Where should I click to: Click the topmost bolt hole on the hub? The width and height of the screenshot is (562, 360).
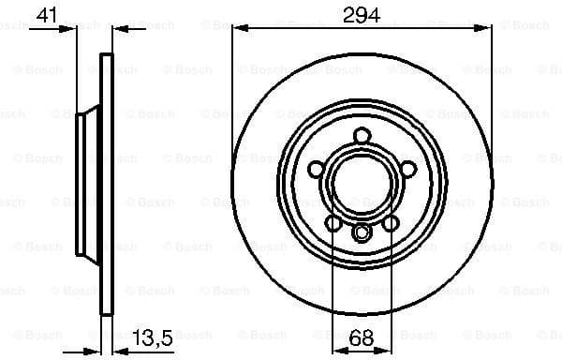(x=361, y=137)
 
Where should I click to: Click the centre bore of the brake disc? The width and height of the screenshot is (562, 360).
(x=361, y=184)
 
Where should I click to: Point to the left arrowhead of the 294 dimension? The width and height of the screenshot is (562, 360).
(x=237, y=29)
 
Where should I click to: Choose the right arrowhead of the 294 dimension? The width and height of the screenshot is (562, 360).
(x=485, y=29)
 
